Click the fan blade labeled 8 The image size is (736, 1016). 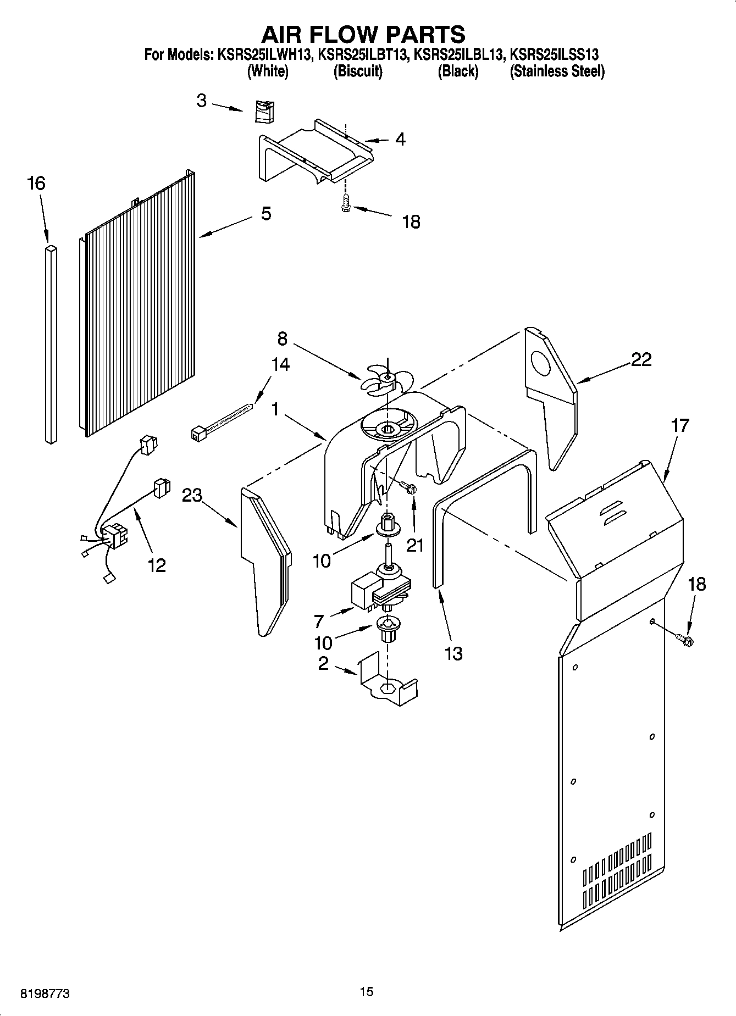(385, 379)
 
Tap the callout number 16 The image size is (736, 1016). (36, 184)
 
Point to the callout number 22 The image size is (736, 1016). (641, 360)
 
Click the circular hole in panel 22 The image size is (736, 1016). (541, 364)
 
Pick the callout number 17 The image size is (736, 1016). (680, 426)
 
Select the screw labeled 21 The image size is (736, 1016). (408, 487)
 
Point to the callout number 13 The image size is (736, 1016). (454, 654)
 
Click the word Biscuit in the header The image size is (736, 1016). (358, 71)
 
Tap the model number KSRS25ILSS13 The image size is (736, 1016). (554, 54)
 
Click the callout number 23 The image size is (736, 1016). (192, 495)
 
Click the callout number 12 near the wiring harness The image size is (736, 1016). (157, 565)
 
